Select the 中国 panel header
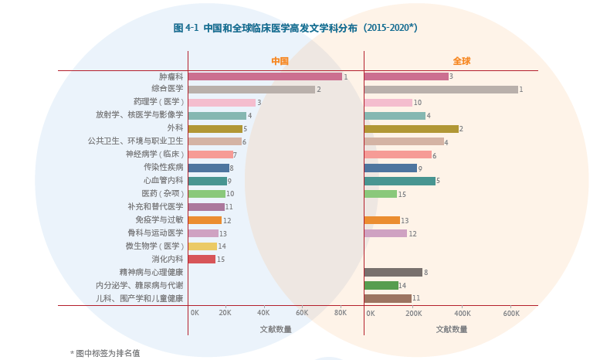[x=280, y=61]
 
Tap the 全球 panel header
[x=461, y=61]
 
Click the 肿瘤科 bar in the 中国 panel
[x=265, y=76]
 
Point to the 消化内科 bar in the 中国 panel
[x=202, y=260]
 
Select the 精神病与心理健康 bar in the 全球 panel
[x=393, y=272]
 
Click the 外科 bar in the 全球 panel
[x=411, y=129]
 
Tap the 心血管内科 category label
[x=163, y=181]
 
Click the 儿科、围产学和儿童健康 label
[x=140, y=298]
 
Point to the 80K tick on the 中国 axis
[x=340, y=313]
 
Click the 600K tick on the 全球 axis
[x=511, y=313]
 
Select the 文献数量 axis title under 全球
[x=452, y=329]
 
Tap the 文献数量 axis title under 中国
[x=276, y=329]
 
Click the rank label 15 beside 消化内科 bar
[x=221, y=260]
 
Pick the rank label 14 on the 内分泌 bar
[x=402, y=286]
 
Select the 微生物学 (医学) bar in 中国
[x=202, y=246]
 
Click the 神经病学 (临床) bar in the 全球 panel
[x=397, y=155]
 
